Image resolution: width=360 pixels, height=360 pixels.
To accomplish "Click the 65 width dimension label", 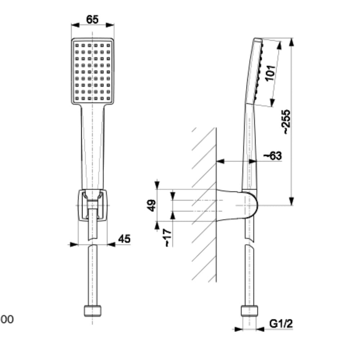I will coord(92,19).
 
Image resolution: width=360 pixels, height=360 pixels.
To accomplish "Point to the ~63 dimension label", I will coord(273,156).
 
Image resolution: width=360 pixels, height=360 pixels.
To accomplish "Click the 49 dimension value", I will coord(153,205).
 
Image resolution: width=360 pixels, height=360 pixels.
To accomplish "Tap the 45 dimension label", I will coord(124,239).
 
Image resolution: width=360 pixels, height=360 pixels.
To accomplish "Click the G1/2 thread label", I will coord(281,324).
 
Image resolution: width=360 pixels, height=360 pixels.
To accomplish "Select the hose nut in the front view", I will coord(93,311).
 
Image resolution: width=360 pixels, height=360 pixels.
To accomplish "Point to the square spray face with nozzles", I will coord(93,70).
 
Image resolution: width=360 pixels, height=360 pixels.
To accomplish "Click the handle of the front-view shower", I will coord(93,144).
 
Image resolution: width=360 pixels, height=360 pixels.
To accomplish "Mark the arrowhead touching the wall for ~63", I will coord(220,161).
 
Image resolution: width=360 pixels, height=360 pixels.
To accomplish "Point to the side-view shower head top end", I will coord(257,40).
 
